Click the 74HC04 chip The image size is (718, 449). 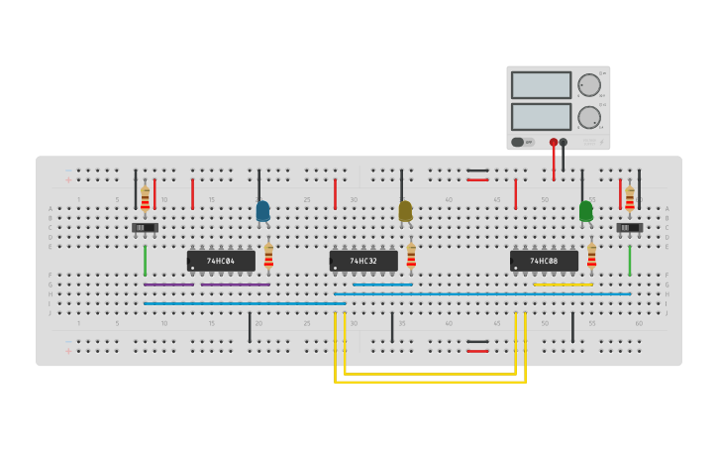pyautogui.click(x=221, y=261)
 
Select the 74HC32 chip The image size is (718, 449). pyautogui.click(x=363, y=261)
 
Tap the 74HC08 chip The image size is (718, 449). pyautogui.click(x=544, y=261)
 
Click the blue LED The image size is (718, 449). pyautogui.click(x=262, y=210)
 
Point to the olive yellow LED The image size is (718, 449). pyautogui.click(x=405, y=210)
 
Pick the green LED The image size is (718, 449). pyautogui.click(x=586, y=210)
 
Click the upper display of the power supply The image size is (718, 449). pyautogui.click(x=541, y=85)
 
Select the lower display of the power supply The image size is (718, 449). pyautogui.click(x=541, y=116)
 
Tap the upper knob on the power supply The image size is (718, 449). pyautogui.click(x=588, y=85)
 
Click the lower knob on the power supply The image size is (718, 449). pyautogui.click(x=588, y=117)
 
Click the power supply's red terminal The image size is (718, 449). pyautogui.click(x=554, y=142)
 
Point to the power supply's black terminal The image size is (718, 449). pyautogui.click(x=564, y=142)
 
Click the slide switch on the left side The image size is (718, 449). pyautogui.click(x=145, y=228)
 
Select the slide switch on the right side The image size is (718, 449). pyautogui.click(x=629, y=228)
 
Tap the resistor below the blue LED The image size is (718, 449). pyautogui.click(x=268, y=256)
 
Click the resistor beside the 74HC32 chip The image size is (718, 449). pyautogui.click(x=411, y=256)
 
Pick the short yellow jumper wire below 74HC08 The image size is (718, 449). pyautogui.click(x=563, y=284)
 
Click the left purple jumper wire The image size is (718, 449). pyautogui.click(x=168, y=284)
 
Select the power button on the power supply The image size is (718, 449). pyautogui.click(x=518, y=142)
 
